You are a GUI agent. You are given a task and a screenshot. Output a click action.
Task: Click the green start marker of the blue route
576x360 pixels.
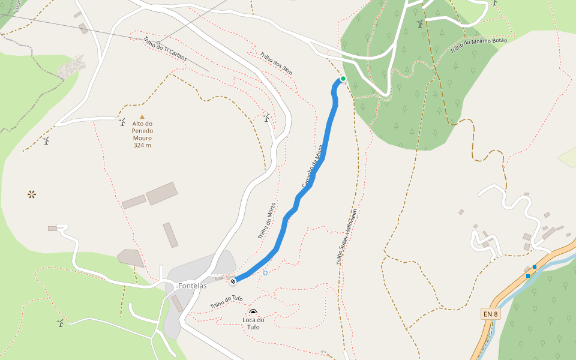(x=343, y=79)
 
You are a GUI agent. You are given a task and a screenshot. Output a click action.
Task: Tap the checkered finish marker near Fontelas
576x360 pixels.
(x=233, y=281)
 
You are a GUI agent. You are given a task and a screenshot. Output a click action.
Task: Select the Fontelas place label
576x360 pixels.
(x=193, y=286)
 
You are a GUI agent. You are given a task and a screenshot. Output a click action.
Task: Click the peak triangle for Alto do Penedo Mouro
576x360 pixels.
(x=142, y=117)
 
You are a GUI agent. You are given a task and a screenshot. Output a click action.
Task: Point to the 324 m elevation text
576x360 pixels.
(x=142, y=145)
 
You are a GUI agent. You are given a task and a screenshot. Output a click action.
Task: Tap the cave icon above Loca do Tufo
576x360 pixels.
(x=253, y=312)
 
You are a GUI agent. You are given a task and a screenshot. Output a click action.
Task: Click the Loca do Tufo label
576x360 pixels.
(x=253, y=323)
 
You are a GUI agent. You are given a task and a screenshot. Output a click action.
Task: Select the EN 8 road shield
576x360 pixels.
(x=490, y=314)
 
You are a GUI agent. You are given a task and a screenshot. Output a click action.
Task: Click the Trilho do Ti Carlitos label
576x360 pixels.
(x=165, y=50)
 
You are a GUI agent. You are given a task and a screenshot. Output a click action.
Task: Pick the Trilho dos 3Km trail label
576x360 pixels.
(x=276, y=64)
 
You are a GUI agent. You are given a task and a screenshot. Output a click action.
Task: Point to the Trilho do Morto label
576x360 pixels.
(x=267, y=221)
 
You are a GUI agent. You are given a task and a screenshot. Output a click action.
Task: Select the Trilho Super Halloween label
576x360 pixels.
(x=347, y=237)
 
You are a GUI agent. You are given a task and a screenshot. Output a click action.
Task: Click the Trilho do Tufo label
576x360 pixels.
(x=226, y=302)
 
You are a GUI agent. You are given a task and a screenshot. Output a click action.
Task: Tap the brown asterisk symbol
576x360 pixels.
(x=31, y=194)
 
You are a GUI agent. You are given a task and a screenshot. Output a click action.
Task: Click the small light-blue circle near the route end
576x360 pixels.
(x=265, y=273)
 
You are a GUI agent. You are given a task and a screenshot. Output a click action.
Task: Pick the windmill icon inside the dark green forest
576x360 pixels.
(x=420, y=23)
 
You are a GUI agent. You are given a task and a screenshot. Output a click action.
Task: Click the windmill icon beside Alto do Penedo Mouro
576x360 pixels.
(x=122, y=122)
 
